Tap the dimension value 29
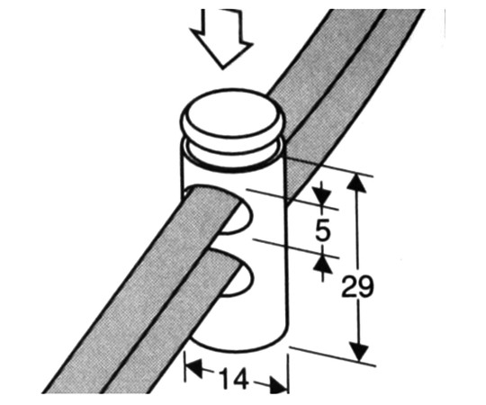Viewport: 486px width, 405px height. (357, 286)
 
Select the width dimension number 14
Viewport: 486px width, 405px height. (234, 378)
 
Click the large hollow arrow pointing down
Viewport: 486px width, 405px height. (222, 39)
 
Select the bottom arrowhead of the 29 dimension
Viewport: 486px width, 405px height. (359, 351)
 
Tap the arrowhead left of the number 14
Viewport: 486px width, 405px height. (194, 367)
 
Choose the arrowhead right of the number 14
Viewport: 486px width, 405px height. (277, 385)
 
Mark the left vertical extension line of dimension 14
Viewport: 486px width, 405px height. (185, 368)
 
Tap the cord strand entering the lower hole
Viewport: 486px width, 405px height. (174, 322)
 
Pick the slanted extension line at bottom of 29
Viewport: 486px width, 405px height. (333, 356)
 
